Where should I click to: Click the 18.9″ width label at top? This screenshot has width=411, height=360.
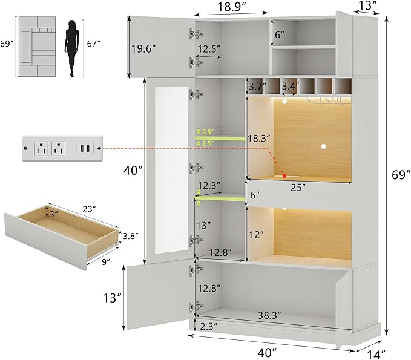[231, 7]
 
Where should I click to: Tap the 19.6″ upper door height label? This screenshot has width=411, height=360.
[143, 49]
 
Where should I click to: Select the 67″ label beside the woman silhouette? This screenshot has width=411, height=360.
[93, 44]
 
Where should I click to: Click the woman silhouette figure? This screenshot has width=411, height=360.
[71, 48]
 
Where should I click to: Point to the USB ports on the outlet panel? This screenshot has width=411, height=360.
[85, 149]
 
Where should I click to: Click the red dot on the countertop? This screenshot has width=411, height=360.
[284, 176]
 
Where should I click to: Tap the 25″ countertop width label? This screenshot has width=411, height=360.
[298, 188]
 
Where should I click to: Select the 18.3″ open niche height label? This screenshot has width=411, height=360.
[258, 139]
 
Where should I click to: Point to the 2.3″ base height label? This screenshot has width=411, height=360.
[209, 326]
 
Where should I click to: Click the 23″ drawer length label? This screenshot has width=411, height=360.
[89, 209]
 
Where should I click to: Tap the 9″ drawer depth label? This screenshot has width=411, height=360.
[106, 262]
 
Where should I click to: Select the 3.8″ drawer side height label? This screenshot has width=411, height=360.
[131, 237]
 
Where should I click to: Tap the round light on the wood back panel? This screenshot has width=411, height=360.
[324, 147]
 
